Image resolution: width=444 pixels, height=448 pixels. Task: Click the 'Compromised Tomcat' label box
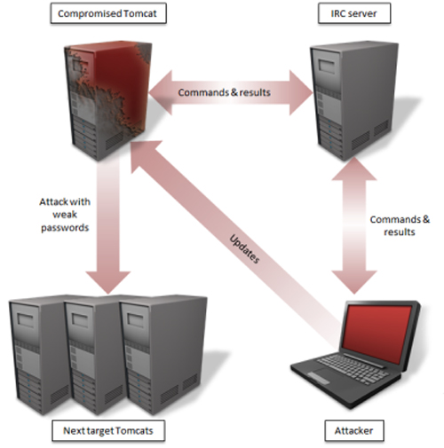[108, 13]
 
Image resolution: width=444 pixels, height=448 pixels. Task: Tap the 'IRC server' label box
[354, 13]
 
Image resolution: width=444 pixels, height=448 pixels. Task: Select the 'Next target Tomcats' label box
[108, 430]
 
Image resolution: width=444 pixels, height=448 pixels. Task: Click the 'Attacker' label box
[354, 430]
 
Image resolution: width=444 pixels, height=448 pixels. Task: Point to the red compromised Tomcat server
[108, 100]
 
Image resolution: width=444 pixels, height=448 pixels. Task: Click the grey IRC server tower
[353, 100]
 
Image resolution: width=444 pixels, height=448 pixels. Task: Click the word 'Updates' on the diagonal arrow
[244, 248]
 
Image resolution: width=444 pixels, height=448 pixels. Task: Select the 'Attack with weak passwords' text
[65, 215]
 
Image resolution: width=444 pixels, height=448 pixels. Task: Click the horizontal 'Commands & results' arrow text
[224, 92]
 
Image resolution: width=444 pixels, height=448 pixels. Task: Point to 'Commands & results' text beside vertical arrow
[400, 225]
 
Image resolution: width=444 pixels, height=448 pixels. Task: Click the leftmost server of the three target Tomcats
[37, 355]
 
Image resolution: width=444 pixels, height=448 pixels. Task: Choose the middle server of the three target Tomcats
[92, 355]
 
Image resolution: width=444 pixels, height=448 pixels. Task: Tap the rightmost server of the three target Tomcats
[163, 355]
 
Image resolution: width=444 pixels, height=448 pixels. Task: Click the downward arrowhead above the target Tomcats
[108, 281]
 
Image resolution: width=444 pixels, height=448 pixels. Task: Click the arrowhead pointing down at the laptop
[354, 281]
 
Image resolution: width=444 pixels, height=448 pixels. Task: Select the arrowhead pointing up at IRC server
[354, 169]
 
